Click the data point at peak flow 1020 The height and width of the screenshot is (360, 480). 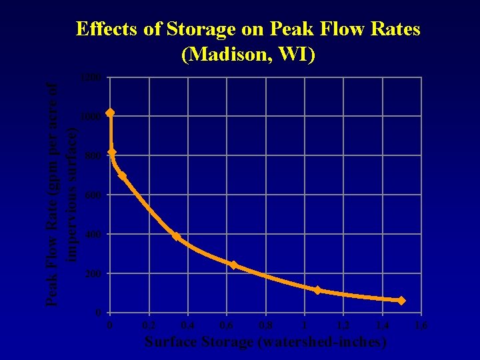[110, 113]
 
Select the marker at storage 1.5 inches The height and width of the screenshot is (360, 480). [401, 301]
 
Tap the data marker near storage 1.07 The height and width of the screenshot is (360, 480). [317, 290]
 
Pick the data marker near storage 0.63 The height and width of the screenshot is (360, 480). [233, 265]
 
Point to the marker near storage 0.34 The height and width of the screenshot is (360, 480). [176, 236]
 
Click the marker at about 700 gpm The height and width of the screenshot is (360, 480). [122, 175]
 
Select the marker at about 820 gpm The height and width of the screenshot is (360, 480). [111, 153]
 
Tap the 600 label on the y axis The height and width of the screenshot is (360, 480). [92, 195]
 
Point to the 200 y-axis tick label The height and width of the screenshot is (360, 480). [92, 274]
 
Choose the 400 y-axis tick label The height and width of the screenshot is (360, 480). [92, 235]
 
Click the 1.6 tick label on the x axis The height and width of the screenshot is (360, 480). [421, 325]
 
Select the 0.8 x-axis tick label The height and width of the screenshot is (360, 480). [265, 325]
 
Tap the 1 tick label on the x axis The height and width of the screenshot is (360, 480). [304, 325]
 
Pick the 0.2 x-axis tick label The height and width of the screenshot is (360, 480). [149, 325]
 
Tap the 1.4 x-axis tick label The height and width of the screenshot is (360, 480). [382, 325]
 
